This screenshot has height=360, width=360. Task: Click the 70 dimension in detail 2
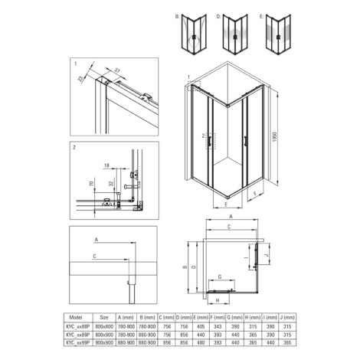[x=91, y=184]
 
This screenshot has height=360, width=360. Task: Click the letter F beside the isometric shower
[x=254, y=194]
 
